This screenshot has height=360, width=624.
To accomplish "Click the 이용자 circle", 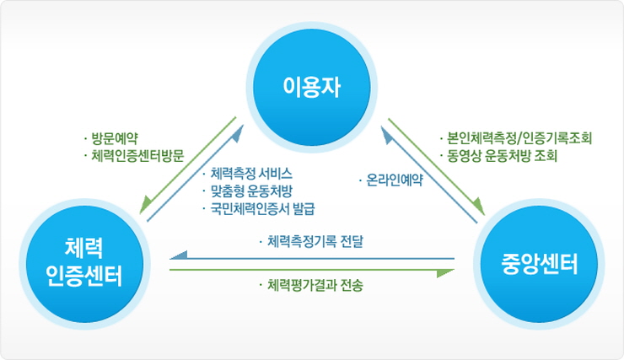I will click(x=314, y=86).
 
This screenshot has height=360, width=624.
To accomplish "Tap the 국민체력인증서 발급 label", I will click(x=268, y=207).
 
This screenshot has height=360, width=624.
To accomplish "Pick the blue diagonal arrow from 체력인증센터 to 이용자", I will click(x=196, y=173).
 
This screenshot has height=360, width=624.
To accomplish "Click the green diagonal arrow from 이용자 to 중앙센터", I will click(x=437, y=164).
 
